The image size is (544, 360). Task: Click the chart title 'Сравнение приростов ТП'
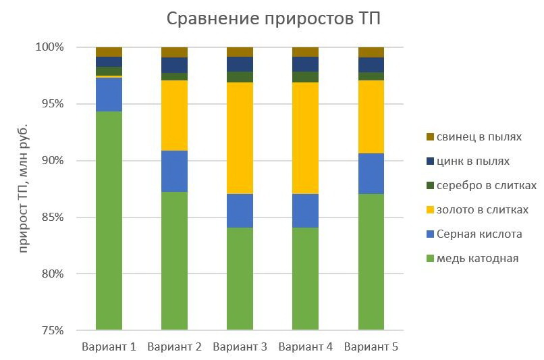click(x=273, y=18)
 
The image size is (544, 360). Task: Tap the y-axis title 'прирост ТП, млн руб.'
click(x=24, y=188)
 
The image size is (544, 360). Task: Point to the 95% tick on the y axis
click(x=51, y=104)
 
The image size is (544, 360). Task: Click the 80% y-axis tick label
click(x=51, y=274)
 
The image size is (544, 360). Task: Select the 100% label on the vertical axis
click(x=49, y=47)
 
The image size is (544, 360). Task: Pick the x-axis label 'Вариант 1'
click(x=109, y=347)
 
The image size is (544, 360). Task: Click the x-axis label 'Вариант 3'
click(x=240, y=347)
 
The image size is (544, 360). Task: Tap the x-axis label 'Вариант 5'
click(x=371, y=347)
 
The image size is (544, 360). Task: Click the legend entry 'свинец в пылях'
click(x=479, y=137)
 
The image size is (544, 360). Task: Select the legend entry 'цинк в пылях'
click(x=472, y=161)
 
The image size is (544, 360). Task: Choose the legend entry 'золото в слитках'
click(x=482, y=210)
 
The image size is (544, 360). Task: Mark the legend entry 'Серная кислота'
click(x=479, y=234)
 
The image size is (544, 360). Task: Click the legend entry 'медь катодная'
click(x=477, y=259)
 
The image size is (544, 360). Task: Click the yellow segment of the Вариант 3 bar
click(x=240, y=138)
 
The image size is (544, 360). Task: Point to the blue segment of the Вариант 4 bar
click(x=305, y=211)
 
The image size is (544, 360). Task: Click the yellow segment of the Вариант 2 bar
click(x=174, y=115)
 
